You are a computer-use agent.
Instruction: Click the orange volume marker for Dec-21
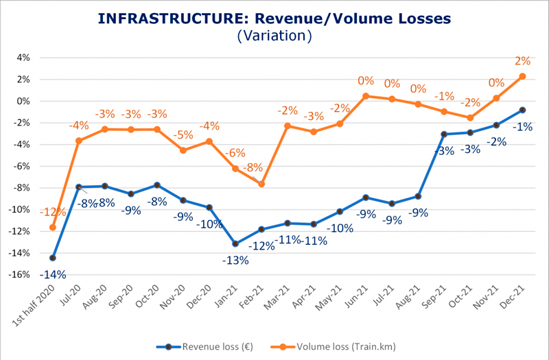point(523,77)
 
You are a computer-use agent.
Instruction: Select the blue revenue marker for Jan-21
point(235,243)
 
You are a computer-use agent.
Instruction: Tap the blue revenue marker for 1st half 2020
point(53,258)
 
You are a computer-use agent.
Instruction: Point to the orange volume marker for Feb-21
point(261,184)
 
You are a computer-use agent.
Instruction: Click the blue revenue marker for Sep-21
point(445,134)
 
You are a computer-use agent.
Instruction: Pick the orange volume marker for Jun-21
point(366,96)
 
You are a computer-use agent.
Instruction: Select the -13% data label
point(235,261)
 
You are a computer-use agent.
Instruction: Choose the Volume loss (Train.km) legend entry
point(340,346)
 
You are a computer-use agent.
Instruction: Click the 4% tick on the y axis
point(23,58)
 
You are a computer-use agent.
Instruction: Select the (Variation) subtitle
point(274,35)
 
